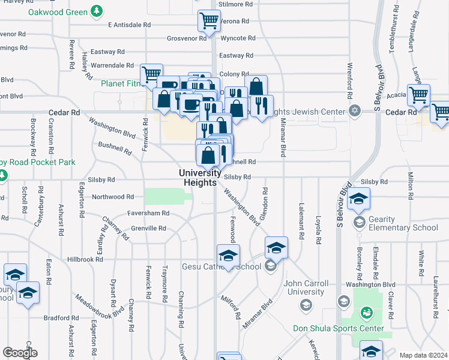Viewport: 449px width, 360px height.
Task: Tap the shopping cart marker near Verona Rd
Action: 208,22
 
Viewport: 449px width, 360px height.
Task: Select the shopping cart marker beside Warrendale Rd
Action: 151,74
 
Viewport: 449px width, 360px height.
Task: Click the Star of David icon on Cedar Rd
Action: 355,111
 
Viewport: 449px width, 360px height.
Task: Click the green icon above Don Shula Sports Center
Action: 366,313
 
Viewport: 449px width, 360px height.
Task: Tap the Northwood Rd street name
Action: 112,197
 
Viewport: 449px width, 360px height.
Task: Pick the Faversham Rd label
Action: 148,213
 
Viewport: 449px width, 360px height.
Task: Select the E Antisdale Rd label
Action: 128,25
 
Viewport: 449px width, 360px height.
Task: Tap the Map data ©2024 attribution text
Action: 423,355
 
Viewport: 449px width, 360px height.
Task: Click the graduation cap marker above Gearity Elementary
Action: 359,198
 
